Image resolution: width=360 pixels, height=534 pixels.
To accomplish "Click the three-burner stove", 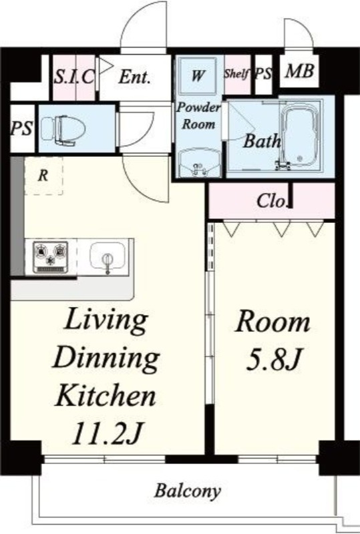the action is (51, 257).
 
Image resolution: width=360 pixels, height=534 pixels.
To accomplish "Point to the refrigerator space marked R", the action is (43, 176).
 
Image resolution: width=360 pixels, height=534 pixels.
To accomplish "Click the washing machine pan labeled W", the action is (198, 75).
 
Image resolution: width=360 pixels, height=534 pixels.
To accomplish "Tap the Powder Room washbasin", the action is (200, 163).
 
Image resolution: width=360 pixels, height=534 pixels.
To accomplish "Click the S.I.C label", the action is (73, 77).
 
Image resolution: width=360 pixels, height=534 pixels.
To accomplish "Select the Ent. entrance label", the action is (134, 77).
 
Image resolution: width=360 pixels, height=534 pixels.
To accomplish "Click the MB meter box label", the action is (299, 71).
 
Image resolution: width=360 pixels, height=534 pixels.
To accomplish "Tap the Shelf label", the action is (236, 73).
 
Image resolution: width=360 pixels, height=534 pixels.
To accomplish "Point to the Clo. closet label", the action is (271, 201).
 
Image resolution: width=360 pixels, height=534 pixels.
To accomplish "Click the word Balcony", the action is (188, 491).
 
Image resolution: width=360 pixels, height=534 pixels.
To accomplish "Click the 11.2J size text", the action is (106, 433).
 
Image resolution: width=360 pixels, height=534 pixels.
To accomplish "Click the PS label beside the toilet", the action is (22, 128).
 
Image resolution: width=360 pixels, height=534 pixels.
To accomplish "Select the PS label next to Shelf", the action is (264, 74).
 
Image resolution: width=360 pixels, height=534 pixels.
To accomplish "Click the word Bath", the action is (262, 140).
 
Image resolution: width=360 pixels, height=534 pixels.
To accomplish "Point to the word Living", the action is (106, 320).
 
